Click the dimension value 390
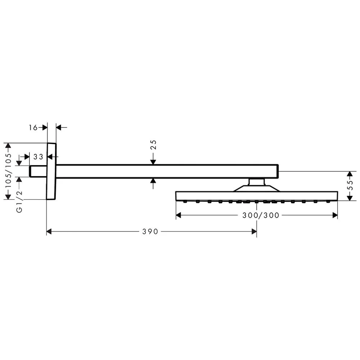tap(150, 231)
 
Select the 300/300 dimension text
tap(261, 215)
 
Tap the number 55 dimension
tap(350, 185)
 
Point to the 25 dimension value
tap(153, 145)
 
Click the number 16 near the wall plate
tap(33, 128)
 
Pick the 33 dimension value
tap(38, 157)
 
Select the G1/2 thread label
tap(19, 202)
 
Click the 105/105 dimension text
tap(8, 171)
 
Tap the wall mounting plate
tap(51, 171)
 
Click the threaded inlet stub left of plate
tap(38, 171)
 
